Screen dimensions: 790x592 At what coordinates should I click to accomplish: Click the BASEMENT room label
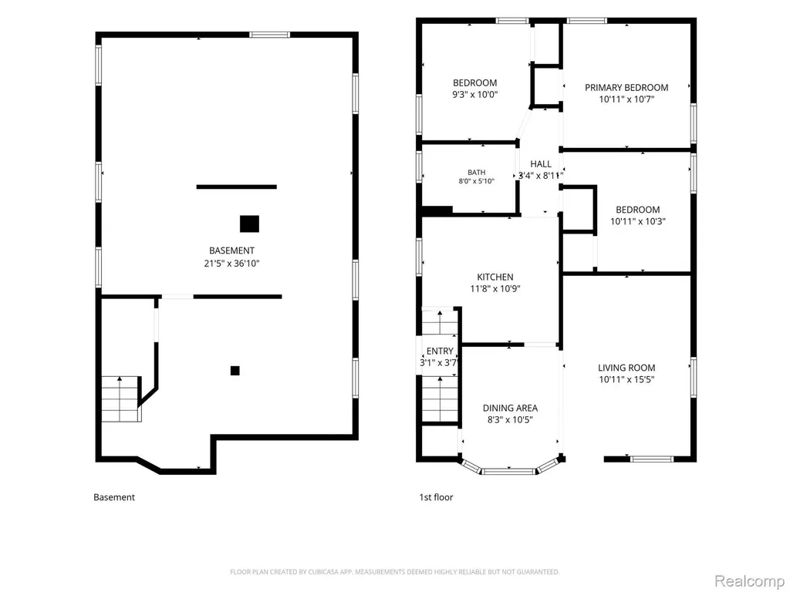pyautogui.click(x=231, y=251)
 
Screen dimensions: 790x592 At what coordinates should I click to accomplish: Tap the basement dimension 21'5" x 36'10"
pyautogui.click(x=231, y=264)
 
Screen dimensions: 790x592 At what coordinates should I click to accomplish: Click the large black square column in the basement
pyautogui.click(x=249, y=224)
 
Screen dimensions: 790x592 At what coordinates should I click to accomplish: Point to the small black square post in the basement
pyautogui.click(x=235, y=371)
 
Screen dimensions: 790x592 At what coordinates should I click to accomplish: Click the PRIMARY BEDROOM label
pyautogui.click(x=626, y=88)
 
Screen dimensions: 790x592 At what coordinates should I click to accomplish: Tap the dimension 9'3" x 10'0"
pyautogui.click(x=475, y=95)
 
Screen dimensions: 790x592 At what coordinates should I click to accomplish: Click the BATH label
pyautogui.click(x=477, y=172)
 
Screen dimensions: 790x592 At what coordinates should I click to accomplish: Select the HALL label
pyautogui.click(x=541, y=164)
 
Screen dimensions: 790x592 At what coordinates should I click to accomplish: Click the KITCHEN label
pyautogui.click(x=495, y=277)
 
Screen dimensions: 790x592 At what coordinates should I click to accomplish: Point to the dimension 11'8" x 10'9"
pyautogui.click(x=495, y=289)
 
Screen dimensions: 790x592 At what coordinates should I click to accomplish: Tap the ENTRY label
pyautogui.click(x=440, y=351)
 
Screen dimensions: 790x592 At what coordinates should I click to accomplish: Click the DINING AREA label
pyautogui.click(x=510, y=408)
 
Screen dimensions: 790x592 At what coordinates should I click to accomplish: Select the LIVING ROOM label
pyautogui.click(x=626, y=368)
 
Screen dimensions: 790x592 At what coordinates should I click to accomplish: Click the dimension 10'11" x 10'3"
pyautogui.click(x=638, y=221)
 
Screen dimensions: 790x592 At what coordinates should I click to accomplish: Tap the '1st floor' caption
pyautogui.click(x=437, y=497)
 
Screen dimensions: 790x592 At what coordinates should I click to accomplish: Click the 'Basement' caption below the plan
pyautogui.click(x=114, y=497)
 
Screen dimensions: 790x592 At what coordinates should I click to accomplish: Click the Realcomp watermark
pyautogui.click(x=748, y=581)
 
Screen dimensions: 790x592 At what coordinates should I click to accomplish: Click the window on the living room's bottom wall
pyautogui.click(x=651, y=459)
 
